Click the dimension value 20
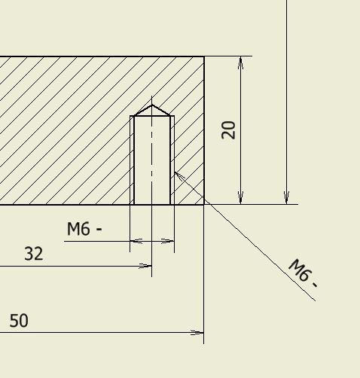[x=228, y=130]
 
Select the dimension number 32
[x=34, y=254]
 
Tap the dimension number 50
[x=19, y=321]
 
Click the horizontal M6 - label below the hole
[x=84, y=229]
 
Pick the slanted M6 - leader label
[x=304, y=273]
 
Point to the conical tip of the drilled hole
[x=152, y=105]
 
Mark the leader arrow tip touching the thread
[x=175, y=172]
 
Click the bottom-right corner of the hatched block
[x=204, y=204]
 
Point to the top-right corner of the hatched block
[x=204, y=56]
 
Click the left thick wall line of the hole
[x=134, y=160]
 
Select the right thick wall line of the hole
[x=170, y=160]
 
